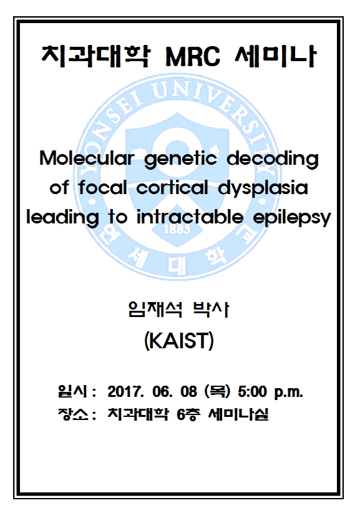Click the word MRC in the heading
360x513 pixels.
[193, 57]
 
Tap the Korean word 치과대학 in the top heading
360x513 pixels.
[96, 56]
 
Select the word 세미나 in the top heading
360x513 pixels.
[276, 56]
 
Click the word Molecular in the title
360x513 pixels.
[87, 159]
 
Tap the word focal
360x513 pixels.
[102, 187]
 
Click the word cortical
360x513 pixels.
[172, 187]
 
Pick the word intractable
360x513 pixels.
[190, 217]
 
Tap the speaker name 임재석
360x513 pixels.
[155, 310]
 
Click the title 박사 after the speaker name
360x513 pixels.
[212, 310]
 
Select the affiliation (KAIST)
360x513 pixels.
[179, 341]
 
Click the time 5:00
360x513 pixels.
[253, 391]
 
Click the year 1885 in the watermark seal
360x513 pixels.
[177, 229]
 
